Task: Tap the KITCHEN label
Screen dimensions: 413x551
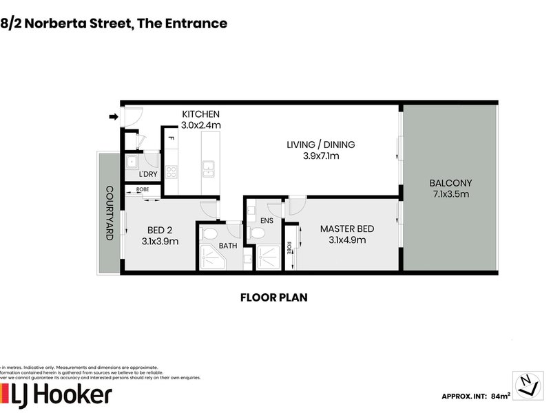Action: tap(200, 114)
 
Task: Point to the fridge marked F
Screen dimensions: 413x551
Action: tap(170, 139)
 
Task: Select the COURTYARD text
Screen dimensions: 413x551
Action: tap(109, 213)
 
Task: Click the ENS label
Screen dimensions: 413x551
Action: tap(267, 221)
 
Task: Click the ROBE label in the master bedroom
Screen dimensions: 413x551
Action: tap(289, 247)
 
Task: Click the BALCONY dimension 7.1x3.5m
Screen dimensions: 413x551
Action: tap(450, 195)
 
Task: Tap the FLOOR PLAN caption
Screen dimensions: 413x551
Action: tap(273, 298)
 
